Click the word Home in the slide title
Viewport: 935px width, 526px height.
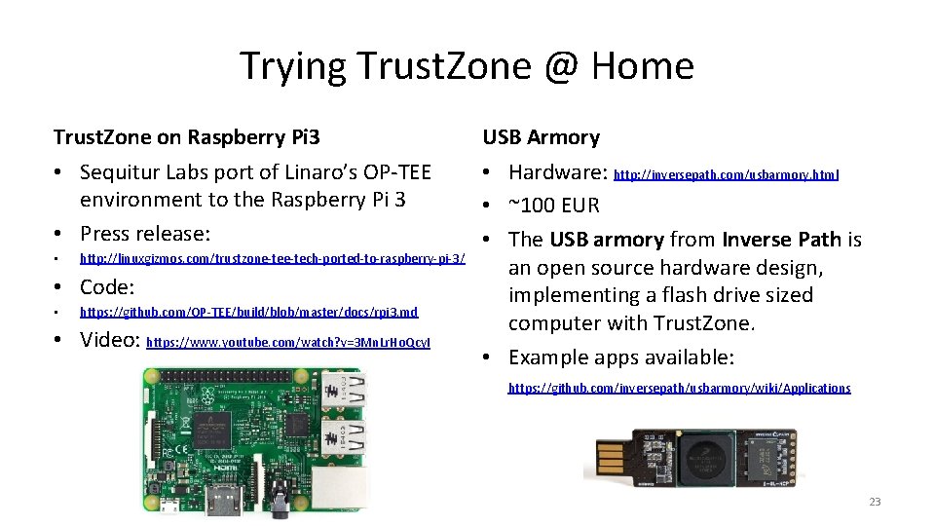[643, 66]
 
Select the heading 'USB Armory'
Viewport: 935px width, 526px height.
[542, 137]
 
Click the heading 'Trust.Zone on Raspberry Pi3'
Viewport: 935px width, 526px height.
[186, 137]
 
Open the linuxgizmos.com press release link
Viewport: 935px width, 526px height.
[272, 259]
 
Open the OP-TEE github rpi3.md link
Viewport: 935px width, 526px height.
[248, 313]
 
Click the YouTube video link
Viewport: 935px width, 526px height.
[287, 343]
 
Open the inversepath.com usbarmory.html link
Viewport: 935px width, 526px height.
[727, 175]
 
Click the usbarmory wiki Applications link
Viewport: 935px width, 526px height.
[679, 388]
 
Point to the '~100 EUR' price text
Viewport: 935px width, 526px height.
[554, 206]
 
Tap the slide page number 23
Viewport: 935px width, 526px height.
[874, 502]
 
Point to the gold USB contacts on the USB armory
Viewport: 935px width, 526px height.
[609, 458]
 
